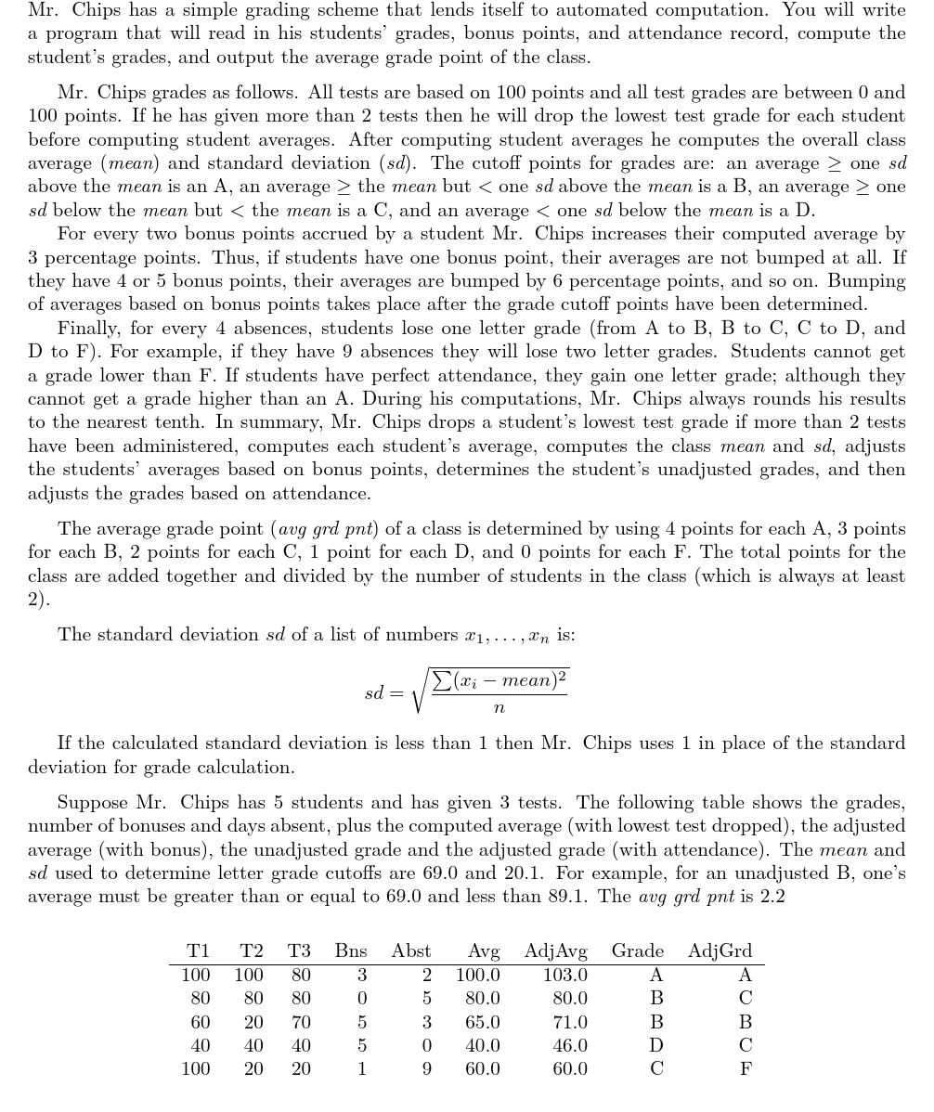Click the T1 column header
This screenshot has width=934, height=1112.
coord(198,950)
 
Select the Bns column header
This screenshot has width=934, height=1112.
coord(351,950)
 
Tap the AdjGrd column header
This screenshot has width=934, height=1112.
coord(720,950)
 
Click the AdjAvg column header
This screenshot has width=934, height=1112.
coord(555,950)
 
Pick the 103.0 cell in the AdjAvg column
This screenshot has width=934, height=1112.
coord(565,976)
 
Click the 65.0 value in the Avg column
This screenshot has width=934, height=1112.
coord(483,1022)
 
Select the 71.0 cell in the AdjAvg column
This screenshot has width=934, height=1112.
coord(570,1022)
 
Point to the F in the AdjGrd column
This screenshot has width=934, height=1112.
coord(745,1068)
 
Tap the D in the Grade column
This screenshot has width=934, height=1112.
coord(656,1045)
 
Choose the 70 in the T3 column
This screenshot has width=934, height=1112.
coord(300,1022)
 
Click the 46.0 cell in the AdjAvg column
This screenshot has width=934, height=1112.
coord(570,1045)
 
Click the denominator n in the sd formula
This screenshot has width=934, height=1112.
coord(499,708)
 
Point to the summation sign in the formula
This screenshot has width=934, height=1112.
coord(439,680)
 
